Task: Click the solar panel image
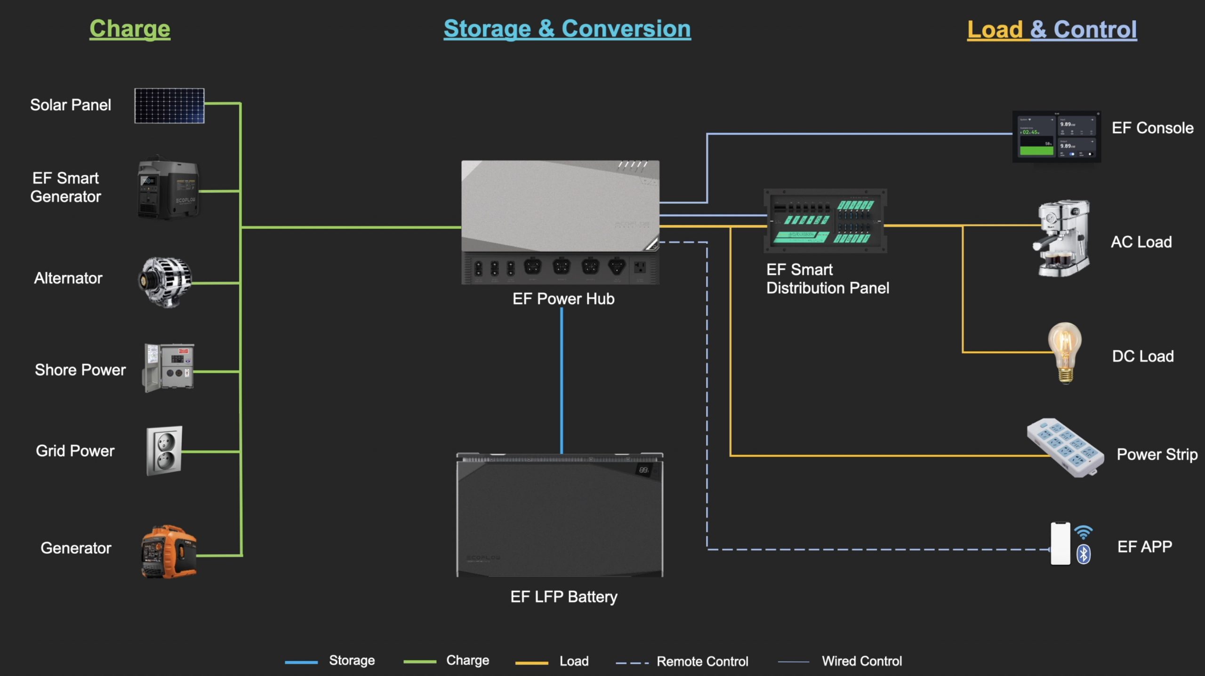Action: (x=169, y=105)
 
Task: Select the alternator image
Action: (x=165, y=282)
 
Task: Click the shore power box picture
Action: (x=169, y=368)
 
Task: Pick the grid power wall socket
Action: (x=164, y=451)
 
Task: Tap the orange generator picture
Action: (x=169, y=551)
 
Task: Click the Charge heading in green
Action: (x=130, y=29)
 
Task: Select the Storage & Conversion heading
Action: (x=567, y=29)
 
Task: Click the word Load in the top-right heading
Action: (x=995, y=30)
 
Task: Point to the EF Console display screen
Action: (x=1056, y=137)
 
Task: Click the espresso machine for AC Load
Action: (x=1063, y=238)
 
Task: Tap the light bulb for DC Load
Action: (x=1065, y=352)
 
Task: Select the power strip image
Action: (x=1065, y=448)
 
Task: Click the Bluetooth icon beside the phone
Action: (x=1084, y=554)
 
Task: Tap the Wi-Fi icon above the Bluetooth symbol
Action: (x=1083, y=532)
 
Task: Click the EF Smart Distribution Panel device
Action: (x=825, y=221)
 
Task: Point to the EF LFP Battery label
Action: (x=563, y=597)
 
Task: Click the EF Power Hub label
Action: (x=563, y=299)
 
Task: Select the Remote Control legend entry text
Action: (x=702, y=661)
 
